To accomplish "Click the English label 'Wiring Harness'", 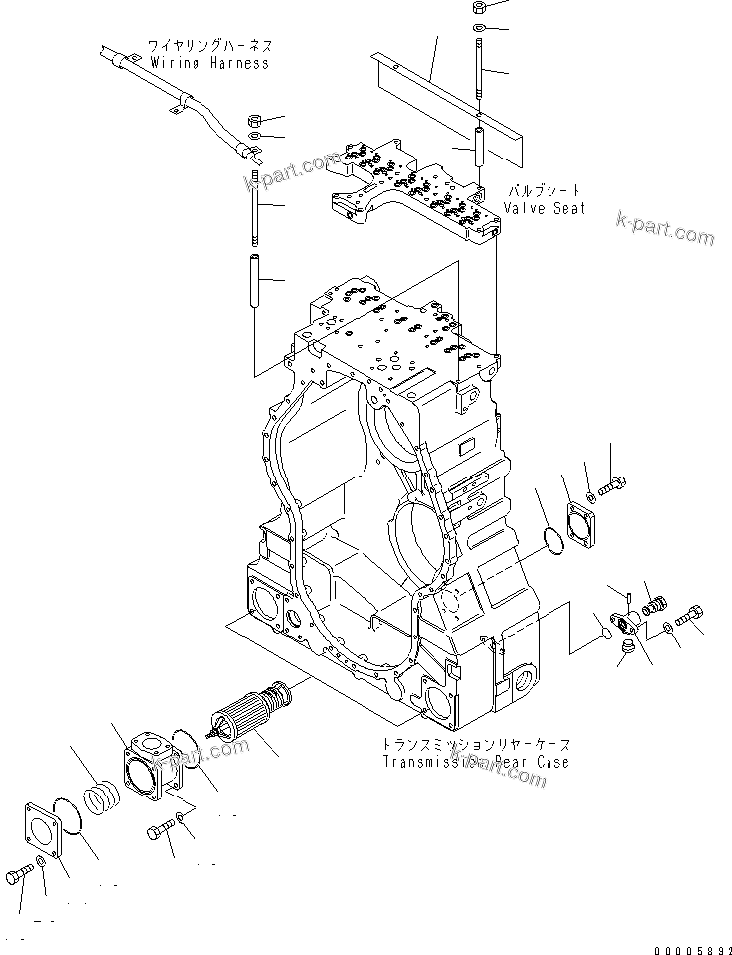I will click(209, 63).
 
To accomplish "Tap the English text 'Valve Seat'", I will click(544, 208).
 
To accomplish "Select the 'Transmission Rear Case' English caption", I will click(475, 762).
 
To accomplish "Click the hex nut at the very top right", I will click(478, 6).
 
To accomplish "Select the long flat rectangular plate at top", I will click(444, 99).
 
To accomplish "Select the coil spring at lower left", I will click(104, 800).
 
